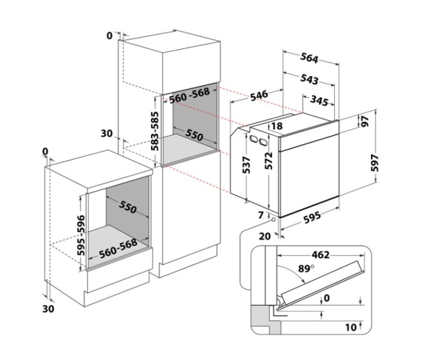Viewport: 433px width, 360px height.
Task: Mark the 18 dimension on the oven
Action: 277,126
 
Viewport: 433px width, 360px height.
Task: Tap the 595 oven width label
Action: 312,218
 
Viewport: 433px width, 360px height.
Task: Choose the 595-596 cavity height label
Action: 83,231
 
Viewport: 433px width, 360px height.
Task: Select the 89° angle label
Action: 304,270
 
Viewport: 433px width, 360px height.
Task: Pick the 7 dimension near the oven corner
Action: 260,215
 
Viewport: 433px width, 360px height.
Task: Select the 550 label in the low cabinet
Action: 128,209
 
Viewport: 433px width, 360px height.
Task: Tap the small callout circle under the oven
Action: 274,221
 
